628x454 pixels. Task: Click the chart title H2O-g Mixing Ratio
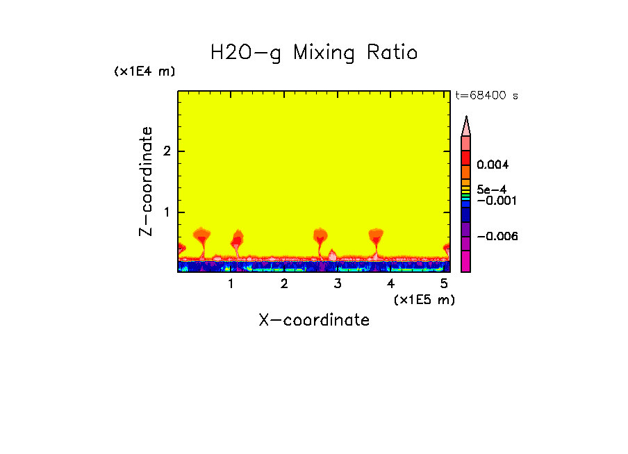314,53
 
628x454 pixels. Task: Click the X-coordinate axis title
314,320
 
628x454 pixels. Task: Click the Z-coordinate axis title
146,181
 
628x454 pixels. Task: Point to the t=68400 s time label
486,96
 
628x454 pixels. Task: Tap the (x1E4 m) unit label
144,72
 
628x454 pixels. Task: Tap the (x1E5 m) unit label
424,299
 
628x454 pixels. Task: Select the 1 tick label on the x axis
231,284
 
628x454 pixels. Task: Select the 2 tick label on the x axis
284,284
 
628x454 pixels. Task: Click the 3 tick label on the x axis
338,284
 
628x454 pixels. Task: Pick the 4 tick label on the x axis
390,284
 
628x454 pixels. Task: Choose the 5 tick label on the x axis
444,284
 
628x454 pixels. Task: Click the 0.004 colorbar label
493,165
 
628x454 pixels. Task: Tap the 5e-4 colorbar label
491,189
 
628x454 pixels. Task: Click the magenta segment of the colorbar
466,261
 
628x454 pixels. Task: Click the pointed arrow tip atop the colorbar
466,124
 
